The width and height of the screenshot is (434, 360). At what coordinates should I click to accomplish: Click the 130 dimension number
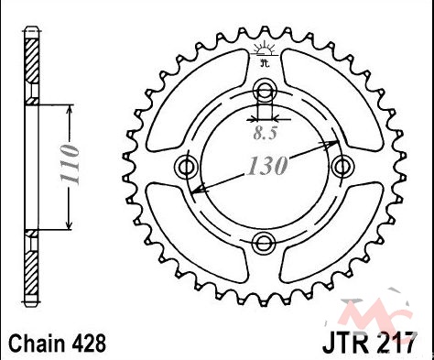tap(268, 166)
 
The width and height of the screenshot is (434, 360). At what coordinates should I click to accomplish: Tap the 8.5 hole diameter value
tap(265, 133)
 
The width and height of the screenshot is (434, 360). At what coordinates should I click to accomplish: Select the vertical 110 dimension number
tap(70, 164)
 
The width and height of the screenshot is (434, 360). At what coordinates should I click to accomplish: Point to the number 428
tap(89, 344)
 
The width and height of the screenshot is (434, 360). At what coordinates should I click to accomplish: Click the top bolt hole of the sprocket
tap(265, 90)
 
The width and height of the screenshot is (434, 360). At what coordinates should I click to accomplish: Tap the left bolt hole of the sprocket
tap(186, 167)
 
